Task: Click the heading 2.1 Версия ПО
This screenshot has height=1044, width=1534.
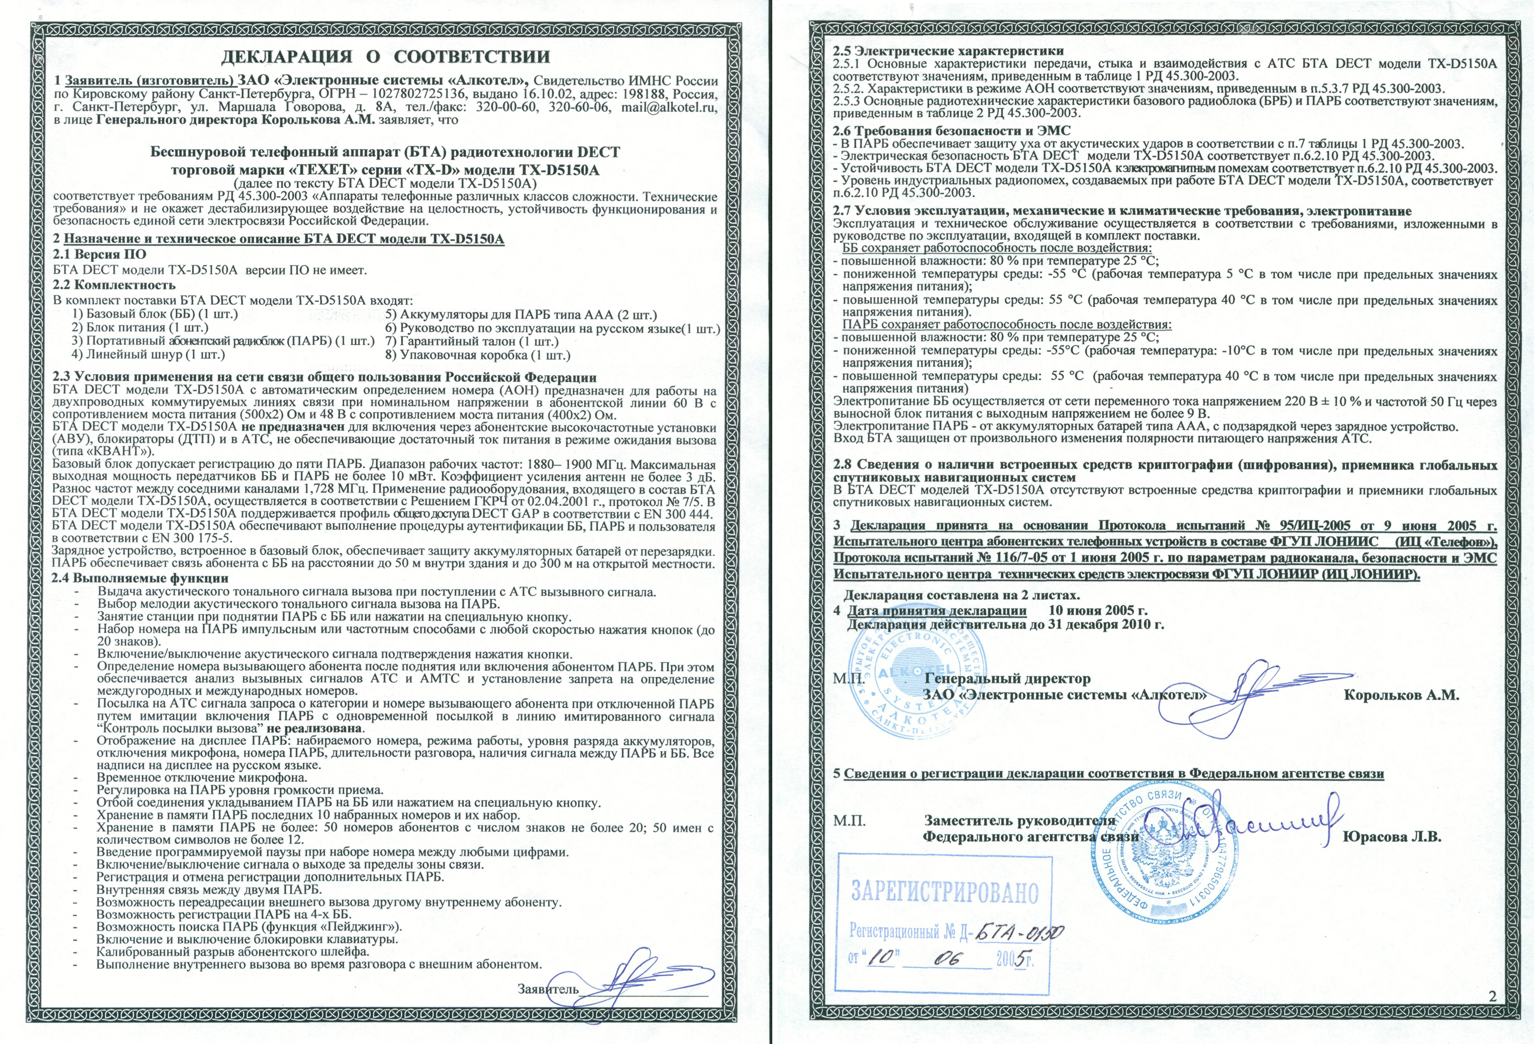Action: click(99, 254)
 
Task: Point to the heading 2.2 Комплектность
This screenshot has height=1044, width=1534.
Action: click(114, 285)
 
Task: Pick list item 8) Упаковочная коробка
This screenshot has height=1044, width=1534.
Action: click(477, 355)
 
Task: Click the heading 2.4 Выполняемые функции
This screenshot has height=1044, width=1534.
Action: click(141, 578)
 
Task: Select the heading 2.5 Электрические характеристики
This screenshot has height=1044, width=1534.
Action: click(948, 51)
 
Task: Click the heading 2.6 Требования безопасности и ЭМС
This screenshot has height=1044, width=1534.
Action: click(951, 131)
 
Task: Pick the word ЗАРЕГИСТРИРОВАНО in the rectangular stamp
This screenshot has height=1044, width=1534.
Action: click(944, 892)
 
